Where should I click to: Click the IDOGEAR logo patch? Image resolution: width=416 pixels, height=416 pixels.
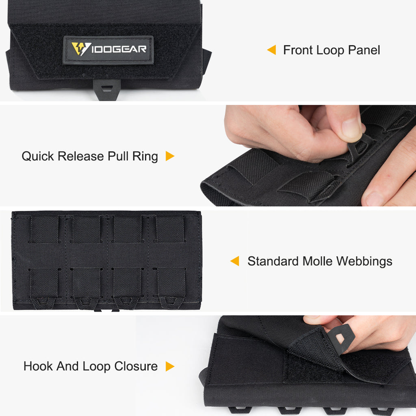pos(108,50)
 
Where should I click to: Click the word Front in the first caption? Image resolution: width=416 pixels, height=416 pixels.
pos(298,50)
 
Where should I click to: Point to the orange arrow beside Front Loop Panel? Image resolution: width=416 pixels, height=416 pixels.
pos(271,50)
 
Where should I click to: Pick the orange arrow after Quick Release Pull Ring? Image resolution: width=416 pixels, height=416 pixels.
pos(170,156)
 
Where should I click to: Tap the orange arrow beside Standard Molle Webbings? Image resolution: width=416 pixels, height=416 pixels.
pos(235,261)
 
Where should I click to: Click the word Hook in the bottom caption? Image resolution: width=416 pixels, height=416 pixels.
pos(38,366)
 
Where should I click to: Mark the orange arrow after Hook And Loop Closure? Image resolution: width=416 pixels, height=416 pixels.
pos(170,366)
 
